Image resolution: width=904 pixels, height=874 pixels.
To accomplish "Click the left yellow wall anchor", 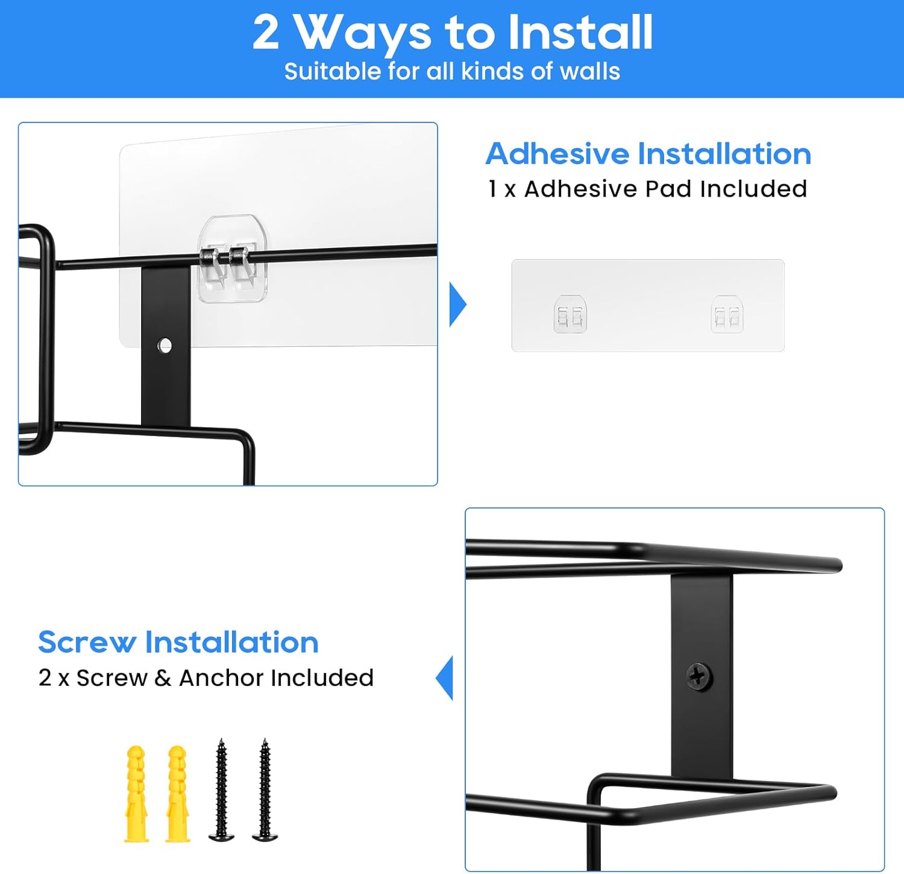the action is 136,794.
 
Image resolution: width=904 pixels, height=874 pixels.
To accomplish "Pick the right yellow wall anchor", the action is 178,794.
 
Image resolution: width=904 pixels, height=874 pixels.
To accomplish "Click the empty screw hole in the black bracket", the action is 164,346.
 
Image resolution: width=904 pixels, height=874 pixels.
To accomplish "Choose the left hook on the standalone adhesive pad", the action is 570,314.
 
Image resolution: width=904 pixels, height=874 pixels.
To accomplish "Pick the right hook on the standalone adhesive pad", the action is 727,314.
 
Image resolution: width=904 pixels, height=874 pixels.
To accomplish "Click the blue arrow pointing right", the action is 457,304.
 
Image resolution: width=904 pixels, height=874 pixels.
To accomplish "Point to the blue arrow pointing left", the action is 444,678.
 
